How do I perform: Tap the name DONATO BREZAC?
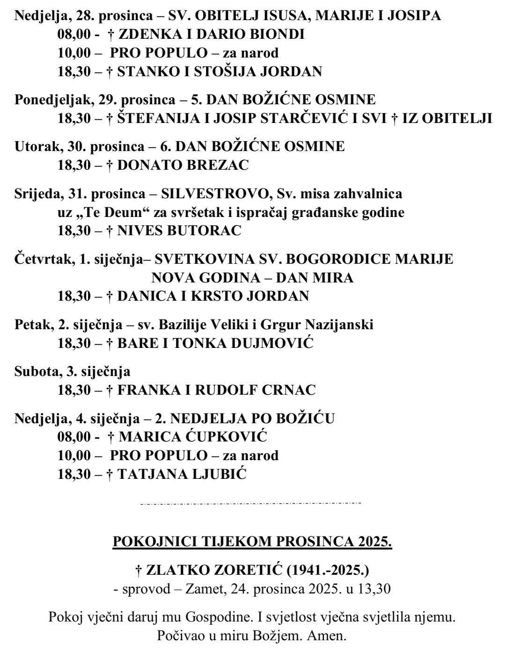pyautogui.click(x=183, y=165)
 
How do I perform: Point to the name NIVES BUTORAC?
pyautogui.click(x=179, y=231)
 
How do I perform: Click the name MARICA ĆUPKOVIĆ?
pyautogui.click(x=192, y=436)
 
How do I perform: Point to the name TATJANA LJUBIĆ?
pyautogui.click(x=182, y=474)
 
